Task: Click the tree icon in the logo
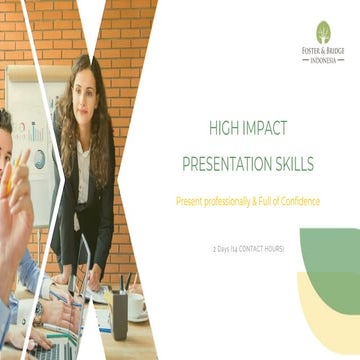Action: (x=323, y=31)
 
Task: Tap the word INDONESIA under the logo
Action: (x=323, y=59)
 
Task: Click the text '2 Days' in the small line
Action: (x=222, y=247)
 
